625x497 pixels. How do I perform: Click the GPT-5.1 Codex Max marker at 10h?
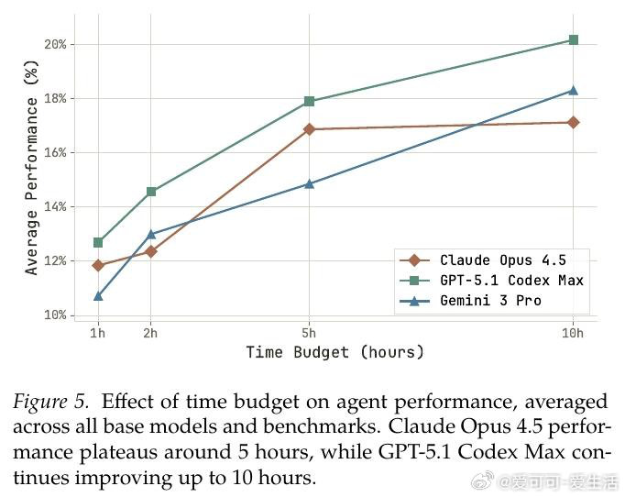coord(573,40)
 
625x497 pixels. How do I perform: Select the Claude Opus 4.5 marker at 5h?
coord(309,129)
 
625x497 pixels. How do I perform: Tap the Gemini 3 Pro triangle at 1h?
coord(98,296)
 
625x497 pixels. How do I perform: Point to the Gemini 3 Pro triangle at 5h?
coord(309,183)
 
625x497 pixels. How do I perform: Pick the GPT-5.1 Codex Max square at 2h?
coord(151,192)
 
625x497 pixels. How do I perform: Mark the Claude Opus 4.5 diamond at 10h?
coord(573,122)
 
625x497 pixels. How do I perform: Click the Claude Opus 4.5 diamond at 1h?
coord(98,266)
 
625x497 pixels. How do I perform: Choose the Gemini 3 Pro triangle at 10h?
coord(573,90)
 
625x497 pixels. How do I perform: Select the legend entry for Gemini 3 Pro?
coord(489,301)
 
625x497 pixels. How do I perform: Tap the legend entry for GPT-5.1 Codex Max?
coord(510,281)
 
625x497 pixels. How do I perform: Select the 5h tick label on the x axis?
coord(309,333)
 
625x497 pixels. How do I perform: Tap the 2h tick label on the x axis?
coord(151,333)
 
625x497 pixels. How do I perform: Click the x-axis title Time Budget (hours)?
coord(334,352)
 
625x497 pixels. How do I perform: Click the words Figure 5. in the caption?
coord(51,402)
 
